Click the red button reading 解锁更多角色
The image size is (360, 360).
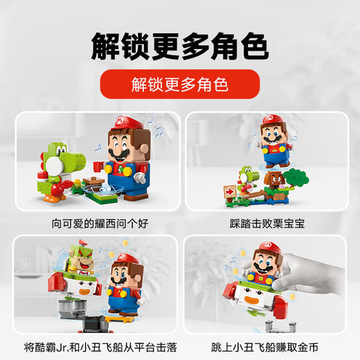click(x=179, y=85)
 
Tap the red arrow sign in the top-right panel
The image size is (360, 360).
click(x=231, y=191)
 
